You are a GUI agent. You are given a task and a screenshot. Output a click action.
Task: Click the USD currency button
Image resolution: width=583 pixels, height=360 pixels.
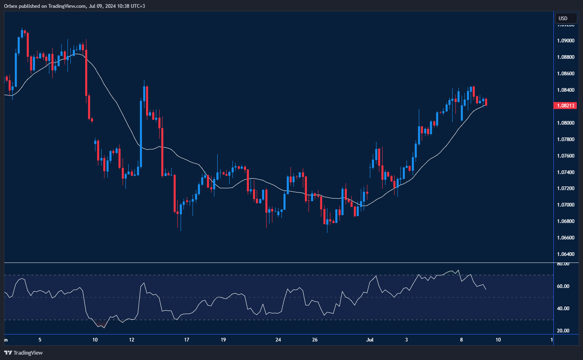565,18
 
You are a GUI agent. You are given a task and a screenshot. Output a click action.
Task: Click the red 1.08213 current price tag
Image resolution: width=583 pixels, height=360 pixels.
566,106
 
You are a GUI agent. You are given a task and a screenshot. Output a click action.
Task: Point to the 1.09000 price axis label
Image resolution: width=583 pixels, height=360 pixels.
566,41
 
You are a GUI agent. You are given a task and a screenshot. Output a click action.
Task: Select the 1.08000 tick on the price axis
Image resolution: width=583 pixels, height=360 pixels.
566,123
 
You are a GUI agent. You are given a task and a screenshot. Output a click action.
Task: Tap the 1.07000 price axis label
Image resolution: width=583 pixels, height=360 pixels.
566,205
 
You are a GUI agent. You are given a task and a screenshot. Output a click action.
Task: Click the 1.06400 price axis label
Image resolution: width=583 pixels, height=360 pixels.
566,254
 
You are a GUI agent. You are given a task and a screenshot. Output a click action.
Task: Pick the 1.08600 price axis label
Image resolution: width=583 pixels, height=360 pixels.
566,74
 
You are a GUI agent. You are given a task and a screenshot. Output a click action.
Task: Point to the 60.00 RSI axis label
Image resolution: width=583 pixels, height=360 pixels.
563,286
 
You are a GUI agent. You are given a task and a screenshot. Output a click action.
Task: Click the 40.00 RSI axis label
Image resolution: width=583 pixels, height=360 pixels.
563,309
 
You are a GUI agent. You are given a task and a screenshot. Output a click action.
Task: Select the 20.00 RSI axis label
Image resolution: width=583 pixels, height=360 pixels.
563,331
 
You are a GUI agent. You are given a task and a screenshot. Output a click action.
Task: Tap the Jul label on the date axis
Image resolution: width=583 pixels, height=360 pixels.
370,340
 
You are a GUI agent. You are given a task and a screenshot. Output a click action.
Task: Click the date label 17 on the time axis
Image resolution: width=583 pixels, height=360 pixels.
187,340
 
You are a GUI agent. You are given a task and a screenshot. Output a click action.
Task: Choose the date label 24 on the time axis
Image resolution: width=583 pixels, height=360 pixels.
278,340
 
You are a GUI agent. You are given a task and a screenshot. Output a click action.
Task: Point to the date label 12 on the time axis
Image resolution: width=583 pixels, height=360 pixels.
132,340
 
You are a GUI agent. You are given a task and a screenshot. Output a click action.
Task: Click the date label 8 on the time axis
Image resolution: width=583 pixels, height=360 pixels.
461,340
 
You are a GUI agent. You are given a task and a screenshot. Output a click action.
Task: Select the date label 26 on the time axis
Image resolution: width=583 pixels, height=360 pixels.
315,340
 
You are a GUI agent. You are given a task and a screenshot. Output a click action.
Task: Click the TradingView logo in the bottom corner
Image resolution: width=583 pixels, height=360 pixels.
23,353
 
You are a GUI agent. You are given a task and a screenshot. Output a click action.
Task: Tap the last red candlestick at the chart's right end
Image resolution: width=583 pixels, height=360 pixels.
486,102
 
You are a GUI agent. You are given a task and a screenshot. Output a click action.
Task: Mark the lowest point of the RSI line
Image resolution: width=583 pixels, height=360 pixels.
103,327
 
